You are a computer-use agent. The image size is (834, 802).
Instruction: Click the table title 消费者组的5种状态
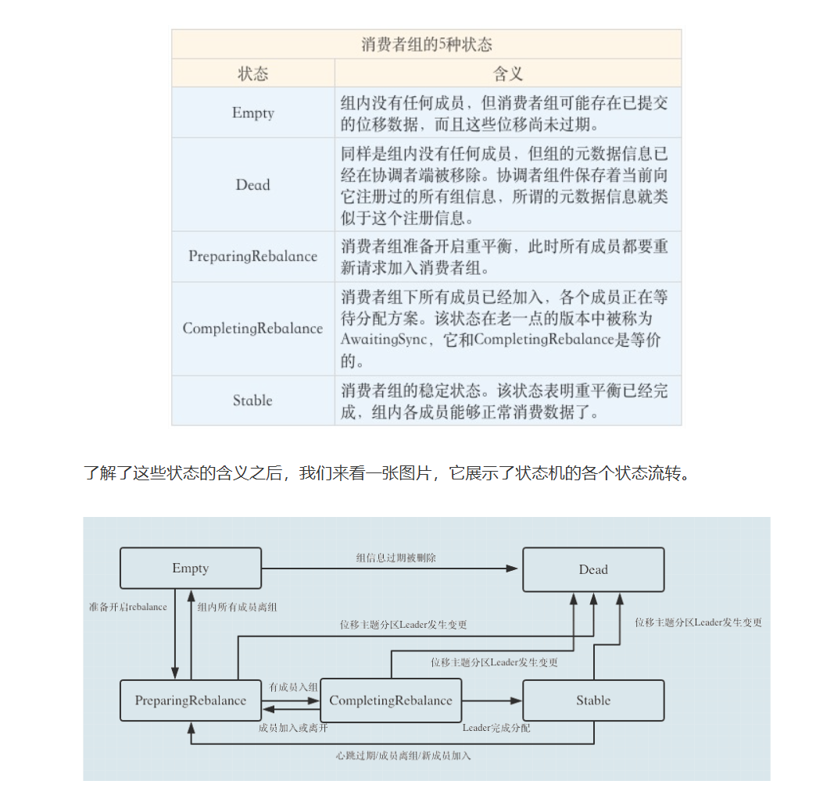pyautogui.click(x=426, y=45)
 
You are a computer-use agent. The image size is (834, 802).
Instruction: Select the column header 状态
pyautogui.click(x=252, y=74)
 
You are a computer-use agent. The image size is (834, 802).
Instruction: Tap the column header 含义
pyautogui.click(x=507, y=74)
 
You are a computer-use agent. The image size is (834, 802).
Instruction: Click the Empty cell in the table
pyautogui.click(x=252, y=113)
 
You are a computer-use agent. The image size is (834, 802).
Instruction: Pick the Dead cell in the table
pyautogui.click(x=252, y=185)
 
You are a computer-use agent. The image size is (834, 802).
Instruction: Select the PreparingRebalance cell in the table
pyautogui.click(x=252, y=256)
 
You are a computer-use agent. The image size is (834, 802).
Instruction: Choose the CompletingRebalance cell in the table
pyautogui.click(x=252, y=328)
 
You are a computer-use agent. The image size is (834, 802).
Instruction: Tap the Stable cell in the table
pyautogui.click(x=252, y=401)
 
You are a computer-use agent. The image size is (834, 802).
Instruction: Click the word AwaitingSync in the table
pyautogui.click(x=384, y=340)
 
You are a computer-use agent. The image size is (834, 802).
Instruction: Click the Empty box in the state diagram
pyautogui.click(x=191, y=568)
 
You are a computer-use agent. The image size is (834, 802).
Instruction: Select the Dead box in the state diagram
pyautogui.click(x=593, y=569)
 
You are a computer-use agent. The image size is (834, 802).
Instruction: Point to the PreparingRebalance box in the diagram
pyautogui.click(x=191, y=700)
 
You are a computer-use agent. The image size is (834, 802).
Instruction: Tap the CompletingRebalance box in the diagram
pyautogui.click(x=391, y=700)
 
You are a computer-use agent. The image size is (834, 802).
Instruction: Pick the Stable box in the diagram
pyautogui.click(x=593, y=700)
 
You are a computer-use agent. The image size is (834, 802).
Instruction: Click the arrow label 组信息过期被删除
pyautogui.click(x=396, y=558)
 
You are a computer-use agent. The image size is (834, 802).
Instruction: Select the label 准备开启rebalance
pyautogui.click(x=128, y=607)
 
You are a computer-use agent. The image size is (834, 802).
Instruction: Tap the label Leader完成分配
pyautogui.click(x=496, y=728)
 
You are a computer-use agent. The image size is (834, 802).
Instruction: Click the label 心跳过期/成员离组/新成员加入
pyautogui.click(x=403, y=755)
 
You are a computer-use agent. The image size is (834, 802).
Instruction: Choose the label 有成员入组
pyautogui.click(x=293, y=686)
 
